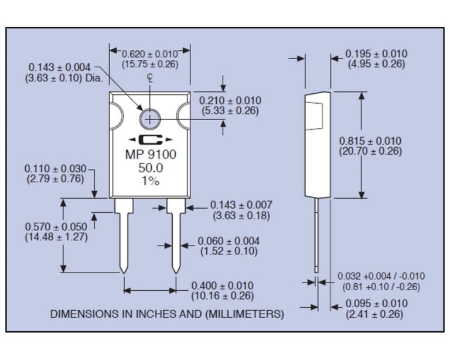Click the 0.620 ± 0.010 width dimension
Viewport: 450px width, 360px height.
(x=150, y=55)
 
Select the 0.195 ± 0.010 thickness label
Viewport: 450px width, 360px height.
(x=376, y=54)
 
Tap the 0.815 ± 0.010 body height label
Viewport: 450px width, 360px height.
(x=370, y=141)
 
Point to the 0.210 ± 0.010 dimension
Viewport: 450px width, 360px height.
(x=230, y=101)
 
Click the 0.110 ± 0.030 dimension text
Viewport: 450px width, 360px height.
(x=55, y=169)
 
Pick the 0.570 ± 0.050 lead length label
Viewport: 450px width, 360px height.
(x=56, y=227)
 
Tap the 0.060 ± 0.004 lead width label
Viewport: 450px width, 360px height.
(x=229, y=241)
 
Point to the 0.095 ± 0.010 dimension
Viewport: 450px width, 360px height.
(x=376, y=304)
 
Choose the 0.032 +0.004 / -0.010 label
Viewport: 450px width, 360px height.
(x=381, y=276)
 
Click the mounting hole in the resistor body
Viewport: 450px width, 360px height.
(x=150, y=118)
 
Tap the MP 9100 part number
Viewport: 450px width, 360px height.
(x=151, y=155)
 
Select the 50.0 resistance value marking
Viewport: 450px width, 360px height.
(x=151, y=168)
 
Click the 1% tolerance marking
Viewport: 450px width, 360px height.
(x=151, y=181)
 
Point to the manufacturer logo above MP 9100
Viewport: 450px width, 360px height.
(x=151, y=140)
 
